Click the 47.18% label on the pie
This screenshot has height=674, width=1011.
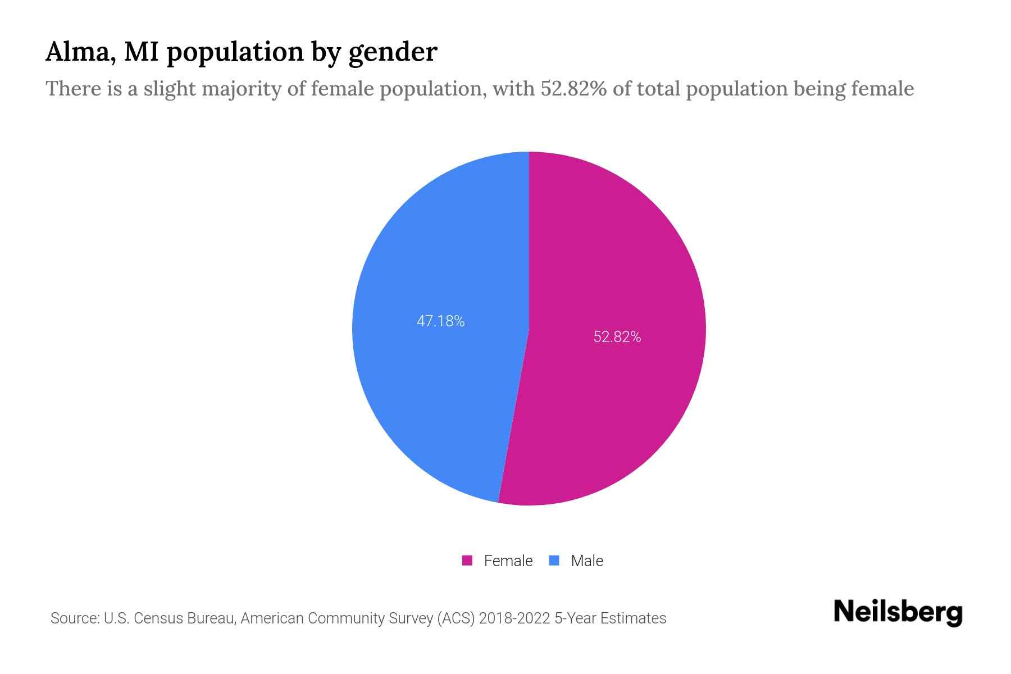[x=440, y=321]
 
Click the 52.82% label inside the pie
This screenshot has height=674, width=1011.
[x=617, y=337]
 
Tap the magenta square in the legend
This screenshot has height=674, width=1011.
[x=467, y=561]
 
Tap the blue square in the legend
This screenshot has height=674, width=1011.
[x=554, y=561]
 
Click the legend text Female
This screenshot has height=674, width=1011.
[x=508, y=561]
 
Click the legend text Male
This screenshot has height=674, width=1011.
[x=586, y=561]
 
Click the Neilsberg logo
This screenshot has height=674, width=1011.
[x=898, y=612]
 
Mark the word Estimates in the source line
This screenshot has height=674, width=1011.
[x=633, y=618]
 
